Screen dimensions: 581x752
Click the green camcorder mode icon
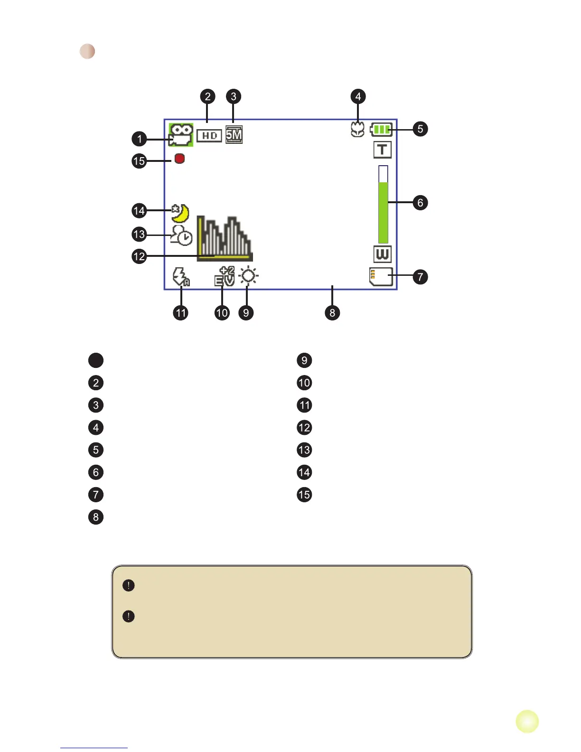tap(181, 135)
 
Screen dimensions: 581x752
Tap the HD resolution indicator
tap(209, 136)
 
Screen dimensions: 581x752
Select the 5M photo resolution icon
tap(234, 135)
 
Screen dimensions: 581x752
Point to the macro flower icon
tap(357, 130)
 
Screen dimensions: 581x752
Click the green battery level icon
tap(381, 130)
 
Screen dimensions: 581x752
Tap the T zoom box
tap(382, 150)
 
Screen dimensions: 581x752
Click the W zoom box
tap(382, 254)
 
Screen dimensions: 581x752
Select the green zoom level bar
tap(383, 212)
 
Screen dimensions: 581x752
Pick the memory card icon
tap(381, 277)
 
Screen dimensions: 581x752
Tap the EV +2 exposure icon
tap(225, 276)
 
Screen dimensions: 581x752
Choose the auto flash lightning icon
tap(181, 277)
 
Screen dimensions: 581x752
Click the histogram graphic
tap(225, 239)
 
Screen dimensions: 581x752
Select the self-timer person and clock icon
tap(181, 235)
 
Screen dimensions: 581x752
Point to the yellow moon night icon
tap(180, 213)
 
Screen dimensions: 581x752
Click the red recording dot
tap(179, 159)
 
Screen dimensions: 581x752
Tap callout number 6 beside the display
tap(420, 203)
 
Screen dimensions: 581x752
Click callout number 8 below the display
tap(332, 313)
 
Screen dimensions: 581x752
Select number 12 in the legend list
tap(304, 428)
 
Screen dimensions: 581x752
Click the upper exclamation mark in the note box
tap(129, 585)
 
